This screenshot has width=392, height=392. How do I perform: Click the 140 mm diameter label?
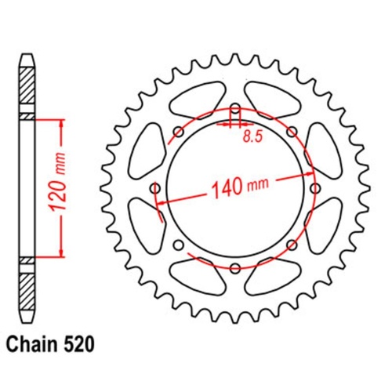(237, 187)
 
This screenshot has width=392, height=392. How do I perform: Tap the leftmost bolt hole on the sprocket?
(154, 189)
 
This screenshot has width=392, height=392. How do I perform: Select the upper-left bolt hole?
(179, 132)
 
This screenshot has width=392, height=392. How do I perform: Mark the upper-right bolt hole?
(292, 132)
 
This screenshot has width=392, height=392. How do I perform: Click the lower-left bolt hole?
(178, 245)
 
